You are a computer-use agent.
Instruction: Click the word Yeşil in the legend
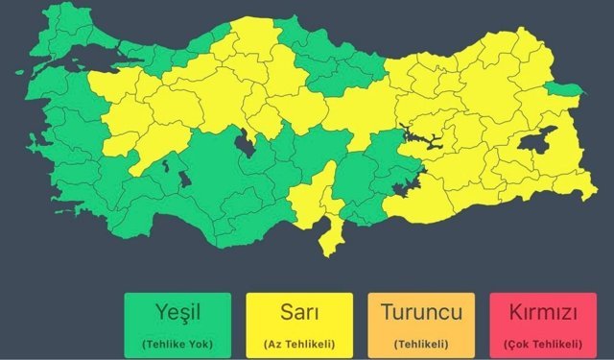[x=177, y=313]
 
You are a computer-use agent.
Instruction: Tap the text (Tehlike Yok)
[x=177, y=343]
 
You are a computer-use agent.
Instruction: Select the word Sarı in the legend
[x=298, y=313]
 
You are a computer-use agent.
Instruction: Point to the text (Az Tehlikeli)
[x=298, y=343]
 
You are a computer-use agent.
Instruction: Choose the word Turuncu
[x=422, y=313]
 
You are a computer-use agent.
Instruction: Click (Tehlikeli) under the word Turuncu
[x=422, y=343]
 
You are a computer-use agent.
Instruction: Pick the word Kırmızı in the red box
[x=543, y=313]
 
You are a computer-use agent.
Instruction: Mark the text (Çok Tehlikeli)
[x=543, y=343]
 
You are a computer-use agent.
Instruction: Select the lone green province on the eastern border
[x=564, y=90]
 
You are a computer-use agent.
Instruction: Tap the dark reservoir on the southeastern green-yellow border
[x=407, y=179]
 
